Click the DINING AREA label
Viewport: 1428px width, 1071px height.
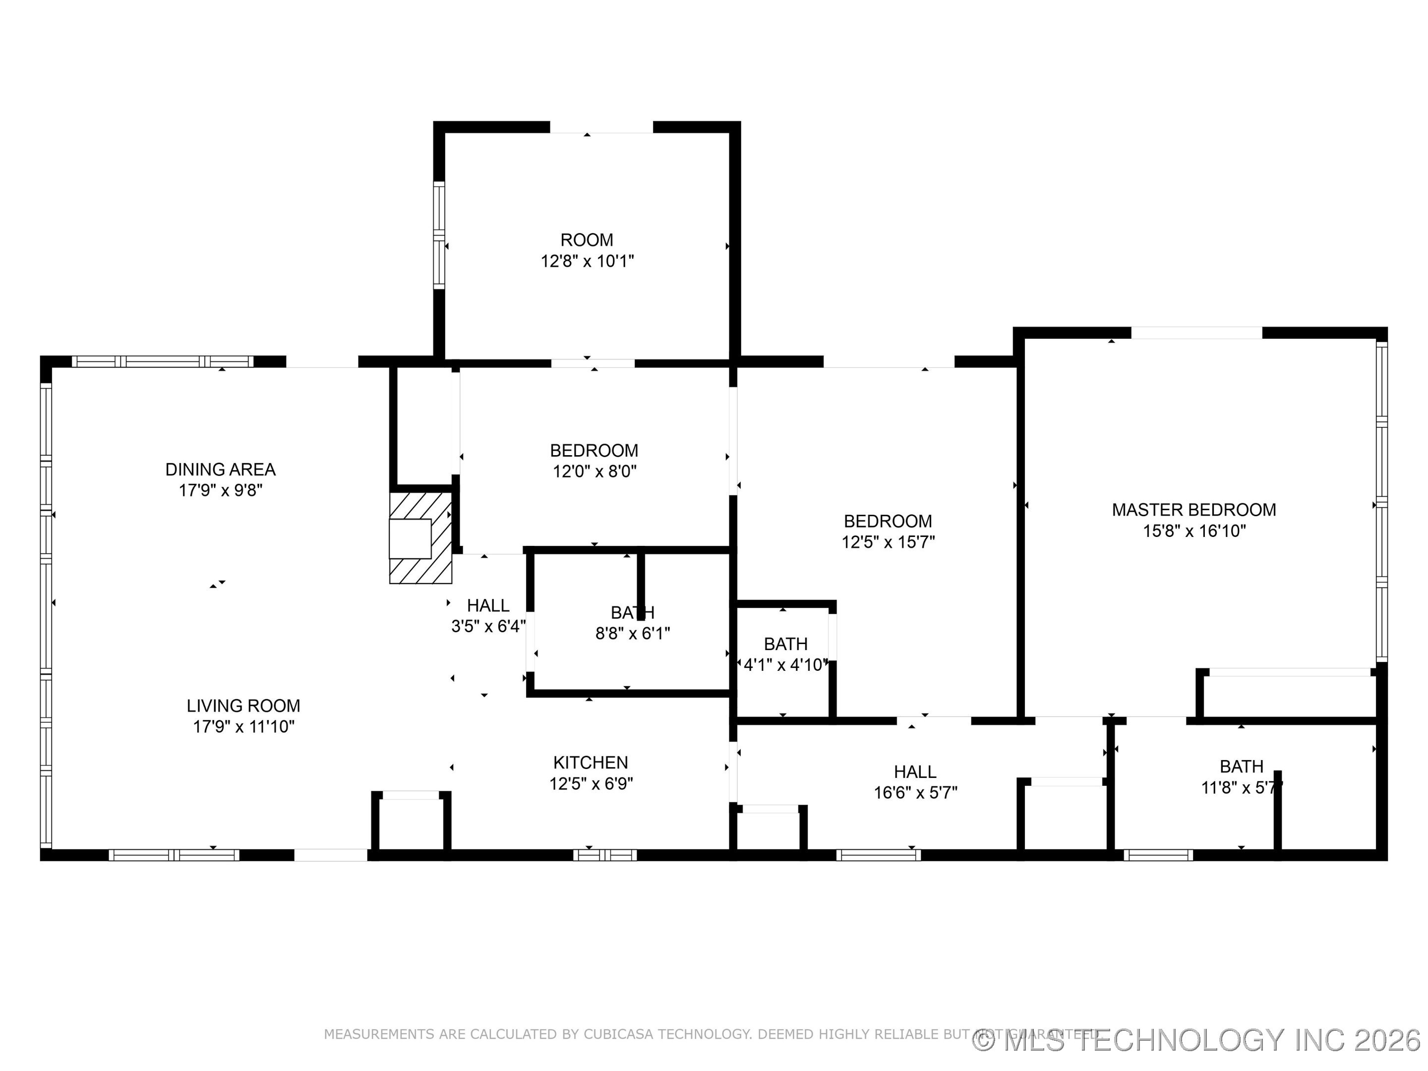coord(220,470)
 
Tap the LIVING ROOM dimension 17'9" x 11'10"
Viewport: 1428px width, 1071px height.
coord(243,727)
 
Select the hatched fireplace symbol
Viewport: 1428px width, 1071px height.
coord(420,538)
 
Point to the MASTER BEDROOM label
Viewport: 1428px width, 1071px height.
coord(1193,510)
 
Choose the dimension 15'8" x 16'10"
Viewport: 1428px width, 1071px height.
coord(1193,532)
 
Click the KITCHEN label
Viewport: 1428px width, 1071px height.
coord(590,763)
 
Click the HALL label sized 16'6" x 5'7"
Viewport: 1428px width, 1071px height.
coord(915,772)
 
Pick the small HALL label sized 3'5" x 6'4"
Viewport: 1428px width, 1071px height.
coord(488,605)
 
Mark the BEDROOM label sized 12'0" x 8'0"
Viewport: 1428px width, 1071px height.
coord(594,451)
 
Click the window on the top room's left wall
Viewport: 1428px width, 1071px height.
coord(439,236)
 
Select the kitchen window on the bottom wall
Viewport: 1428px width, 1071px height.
coord(605,855)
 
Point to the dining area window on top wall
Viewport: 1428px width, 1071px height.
coord(163,361)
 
